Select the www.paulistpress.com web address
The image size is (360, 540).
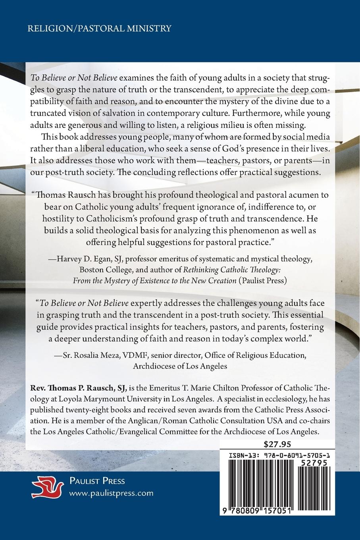pos(111,493)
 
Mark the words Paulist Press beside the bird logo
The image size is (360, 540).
pos(97,482)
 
